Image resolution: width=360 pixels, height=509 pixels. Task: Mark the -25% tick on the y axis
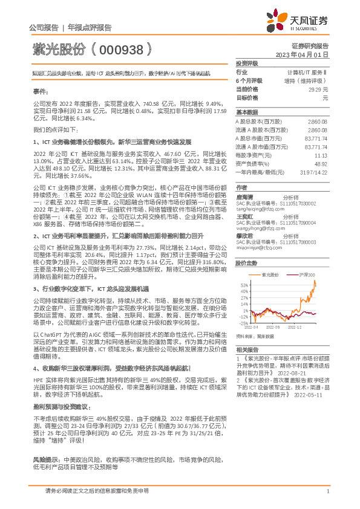coord(242,323)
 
